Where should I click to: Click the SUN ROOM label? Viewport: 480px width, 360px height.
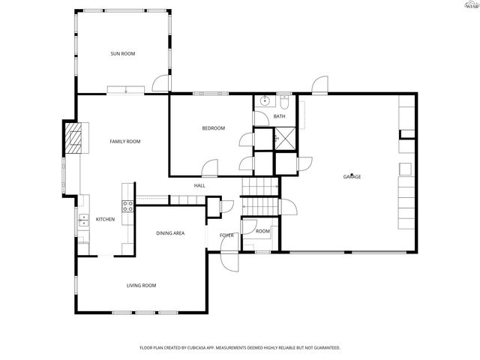[123, 53]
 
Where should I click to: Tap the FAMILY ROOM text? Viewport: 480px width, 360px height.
[124, 141]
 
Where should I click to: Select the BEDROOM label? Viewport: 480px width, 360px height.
[213, 128]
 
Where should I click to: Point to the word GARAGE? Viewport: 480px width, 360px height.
[352, 176]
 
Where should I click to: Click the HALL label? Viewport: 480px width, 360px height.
[199, 185]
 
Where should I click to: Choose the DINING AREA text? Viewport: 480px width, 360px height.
[170, 233]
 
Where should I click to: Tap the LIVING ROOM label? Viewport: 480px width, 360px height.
[140, 285]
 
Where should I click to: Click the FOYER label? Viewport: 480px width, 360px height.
[226, 235]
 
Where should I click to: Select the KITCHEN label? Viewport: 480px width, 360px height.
[105, 219]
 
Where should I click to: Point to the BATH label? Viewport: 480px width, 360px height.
[279, 116]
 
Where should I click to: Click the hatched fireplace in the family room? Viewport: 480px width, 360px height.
[73, 139]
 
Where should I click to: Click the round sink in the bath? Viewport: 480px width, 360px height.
[264, 100]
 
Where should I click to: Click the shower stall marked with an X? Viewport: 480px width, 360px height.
[285, 137]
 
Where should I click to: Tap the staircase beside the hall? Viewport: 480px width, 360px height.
[259, 196]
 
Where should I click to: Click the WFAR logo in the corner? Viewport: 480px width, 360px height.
[470, 6]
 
